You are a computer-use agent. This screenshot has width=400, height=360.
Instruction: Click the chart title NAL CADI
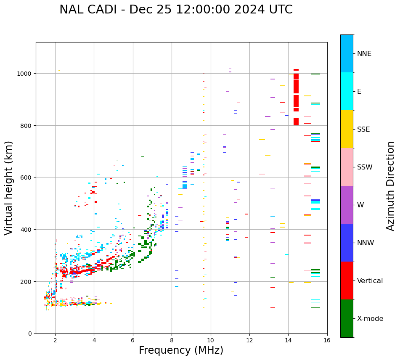pos(176,10)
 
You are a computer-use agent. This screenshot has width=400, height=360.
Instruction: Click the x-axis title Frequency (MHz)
pos(181,350)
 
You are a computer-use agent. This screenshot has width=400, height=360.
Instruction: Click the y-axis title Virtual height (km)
pos(9,188)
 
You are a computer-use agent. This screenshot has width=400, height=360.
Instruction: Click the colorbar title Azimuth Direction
pos(391,186)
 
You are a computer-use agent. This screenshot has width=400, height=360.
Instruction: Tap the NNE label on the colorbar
pos(364,54)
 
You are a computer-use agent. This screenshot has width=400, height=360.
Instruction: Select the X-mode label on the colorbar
pos(370,319)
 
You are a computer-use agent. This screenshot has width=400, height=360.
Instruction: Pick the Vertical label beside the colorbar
pos(370,281)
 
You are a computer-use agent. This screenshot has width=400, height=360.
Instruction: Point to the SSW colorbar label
pos(365,167)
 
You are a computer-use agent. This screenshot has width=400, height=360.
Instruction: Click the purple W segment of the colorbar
pos(347,205)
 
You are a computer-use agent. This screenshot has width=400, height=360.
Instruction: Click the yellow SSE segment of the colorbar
pos(347,129)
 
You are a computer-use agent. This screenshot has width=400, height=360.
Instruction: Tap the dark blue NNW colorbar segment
pos(347,243)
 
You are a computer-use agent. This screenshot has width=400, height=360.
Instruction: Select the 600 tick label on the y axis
pos(27,177)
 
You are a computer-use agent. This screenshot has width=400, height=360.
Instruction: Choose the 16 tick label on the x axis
pos(327,341)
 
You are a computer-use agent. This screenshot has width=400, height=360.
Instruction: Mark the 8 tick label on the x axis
pos(172,341)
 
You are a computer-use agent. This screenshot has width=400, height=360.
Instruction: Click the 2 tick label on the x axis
pos(55,341)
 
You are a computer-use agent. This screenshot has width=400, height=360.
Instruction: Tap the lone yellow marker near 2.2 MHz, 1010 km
pos(59,70)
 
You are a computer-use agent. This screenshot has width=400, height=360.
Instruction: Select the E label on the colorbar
pos(360,92)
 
